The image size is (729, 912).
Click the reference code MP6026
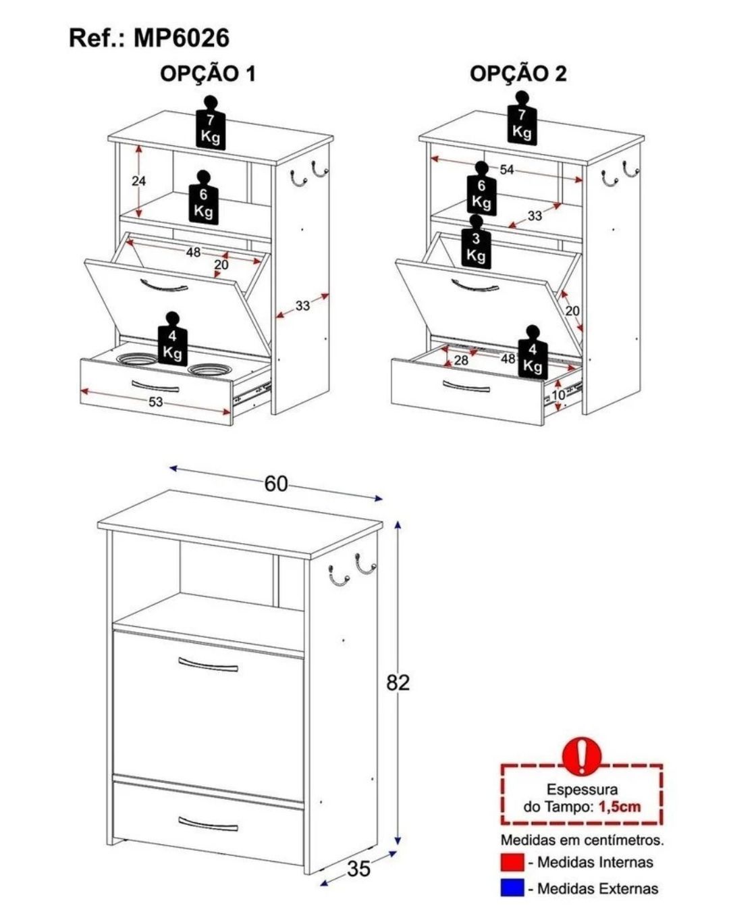[x=182, y=38]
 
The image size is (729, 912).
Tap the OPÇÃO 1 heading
[x=207, y=74]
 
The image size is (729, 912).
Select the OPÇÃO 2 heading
[x=518, y=74]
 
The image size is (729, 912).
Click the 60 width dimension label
[x=276, y=484]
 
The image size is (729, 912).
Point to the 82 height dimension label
[x=398, y=682]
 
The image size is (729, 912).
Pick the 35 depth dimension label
[x=358, y=869]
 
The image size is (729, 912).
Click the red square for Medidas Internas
[x=512, y=863]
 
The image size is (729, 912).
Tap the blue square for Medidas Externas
[x=512, y=888]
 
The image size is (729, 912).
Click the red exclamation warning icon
[x=581, y=757]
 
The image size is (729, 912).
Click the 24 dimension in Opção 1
[x=139, y=181]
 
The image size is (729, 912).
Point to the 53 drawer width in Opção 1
[x=155, y=402]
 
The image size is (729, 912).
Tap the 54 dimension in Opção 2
[x=507, y=169]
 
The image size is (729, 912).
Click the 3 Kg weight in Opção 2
[x=477, y=248]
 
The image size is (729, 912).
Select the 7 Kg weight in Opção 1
[x=210, y=129]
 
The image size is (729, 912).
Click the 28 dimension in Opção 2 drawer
[x=461, y=361]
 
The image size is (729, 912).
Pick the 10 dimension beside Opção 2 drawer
[x=558, y=395]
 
